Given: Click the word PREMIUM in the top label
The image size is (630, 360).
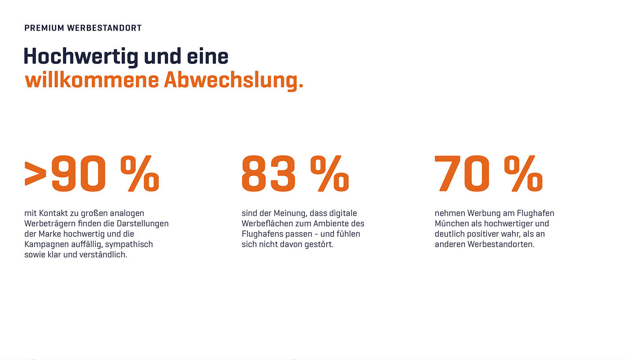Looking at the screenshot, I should coord(44,28).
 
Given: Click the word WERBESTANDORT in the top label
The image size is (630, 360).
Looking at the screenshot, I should coord(104,28).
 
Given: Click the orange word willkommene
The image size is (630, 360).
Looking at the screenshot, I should coord(92,80).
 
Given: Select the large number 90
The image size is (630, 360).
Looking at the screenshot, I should coord(79,174).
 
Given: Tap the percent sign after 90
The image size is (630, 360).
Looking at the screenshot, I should coord(139,174).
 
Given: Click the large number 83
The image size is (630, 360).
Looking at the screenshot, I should coord(269,174).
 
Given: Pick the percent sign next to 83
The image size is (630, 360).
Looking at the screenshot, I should coord(329,174).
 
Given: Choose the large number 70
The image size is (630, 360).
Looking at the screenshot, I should coord(462,174).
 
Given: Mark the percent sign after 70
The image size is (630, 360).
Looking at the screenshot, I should coord(523,174).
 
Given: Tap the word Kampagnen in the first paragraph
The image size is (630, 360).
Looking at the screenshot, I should coord(44,244).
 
